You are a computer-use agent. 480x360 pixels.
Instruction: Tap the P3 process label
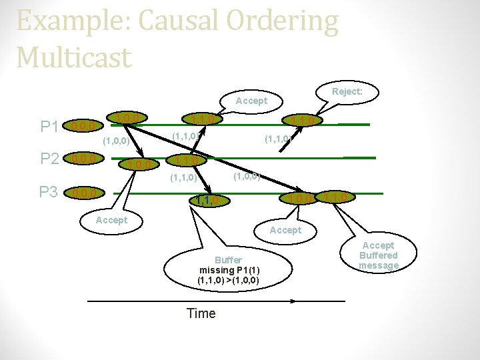click(x=48, y=193)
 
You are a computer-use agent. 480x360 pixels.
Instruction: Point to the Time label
click(x=201, y=313)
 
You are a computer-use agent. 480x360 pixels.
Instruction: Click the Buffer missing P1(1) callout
click(x=229, y=269)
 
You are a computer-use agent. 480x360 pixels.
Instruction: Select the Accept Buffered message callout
click(x=378, y=255)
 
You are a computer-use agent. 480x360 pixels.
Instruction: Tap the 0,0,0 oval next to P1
click(x=85, y=125)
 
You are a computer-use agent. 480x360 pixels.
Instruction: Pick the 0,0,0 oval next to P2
click(x=85, y=159)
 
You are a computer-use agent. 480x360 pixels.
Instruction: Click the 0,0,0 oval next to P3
click(x=85, y=193)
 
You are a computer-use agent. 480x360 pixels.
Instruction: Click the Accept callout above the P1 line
click(x=251, y=101)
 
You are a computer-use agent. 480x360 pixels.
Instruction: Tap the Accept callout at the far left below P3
click(x=111, y=220)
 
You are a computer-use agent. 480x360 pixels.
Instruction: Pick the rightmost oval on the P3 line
click(x=338, y=197)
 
